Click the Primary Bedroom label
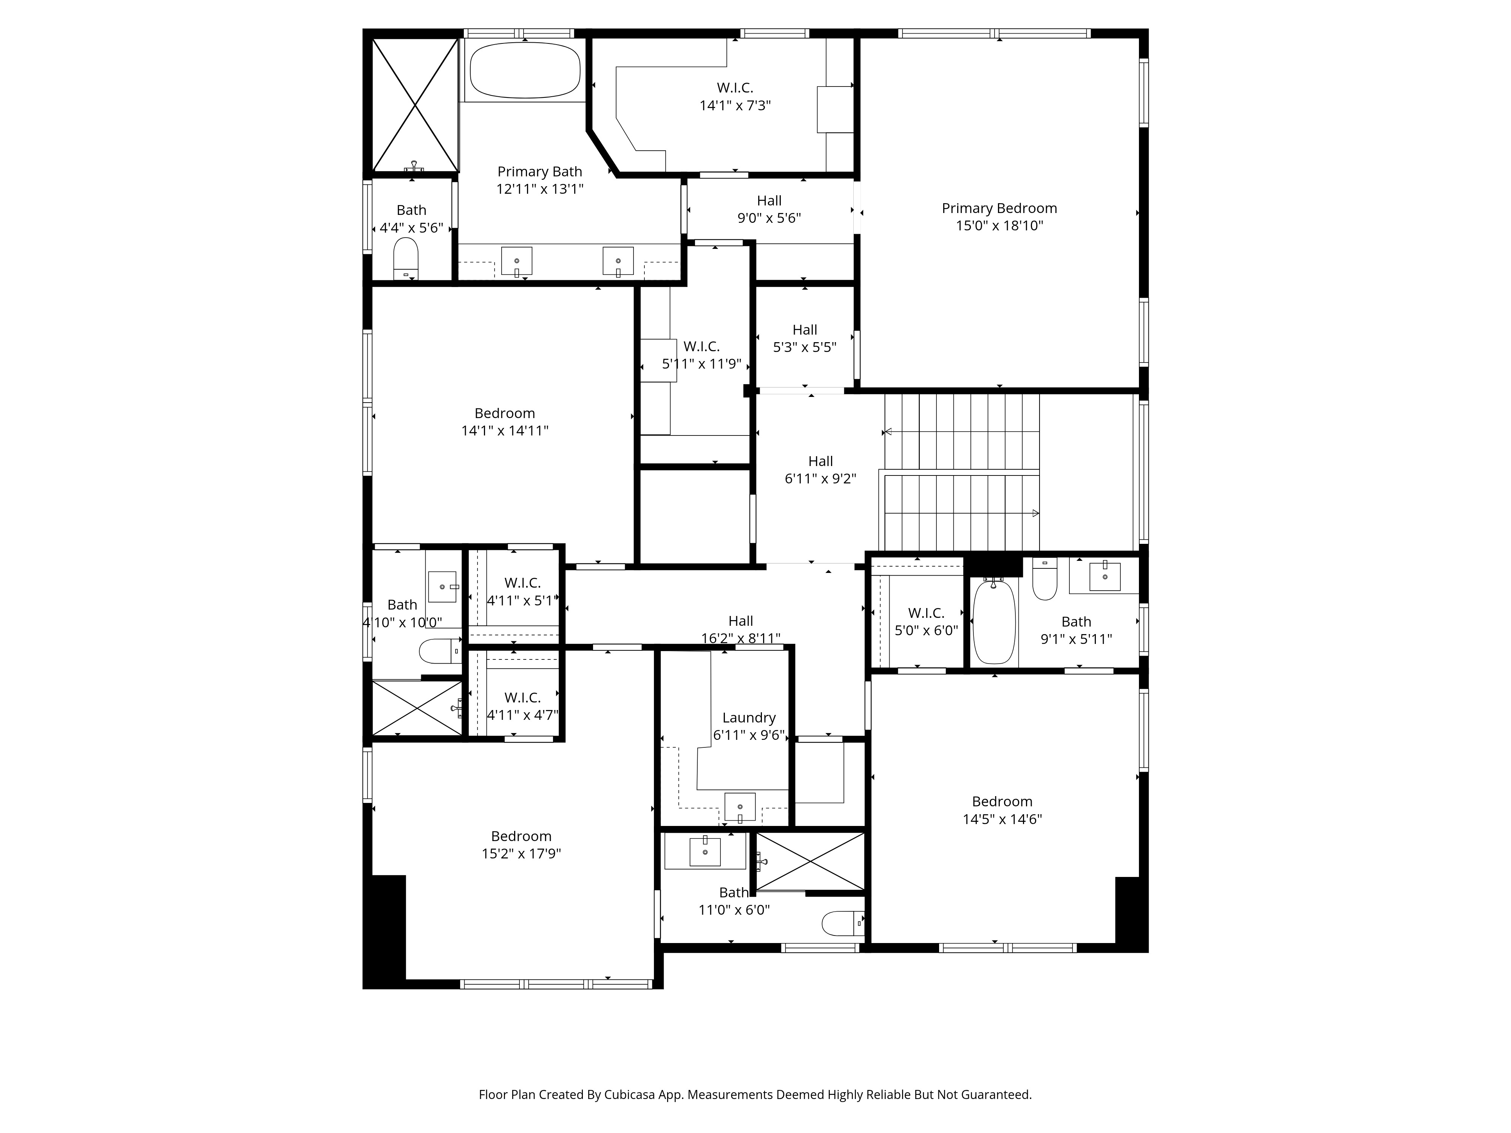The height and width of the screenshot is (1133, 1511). (x=1000, y=208)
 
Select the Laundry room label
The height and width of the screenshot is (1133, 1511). (x=749, y=718)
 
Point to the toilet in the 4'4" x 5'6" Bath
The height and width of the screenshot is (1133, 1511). (x=406, y=258)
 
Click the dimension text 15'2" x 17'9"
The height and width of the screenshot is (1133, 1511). (x=521, y=854)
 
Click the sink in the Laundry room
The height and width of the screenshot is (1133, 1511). (x=740, y=807)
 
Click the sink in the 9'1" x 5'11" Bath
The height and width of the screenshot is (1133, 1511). (x=1105, y=575)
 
